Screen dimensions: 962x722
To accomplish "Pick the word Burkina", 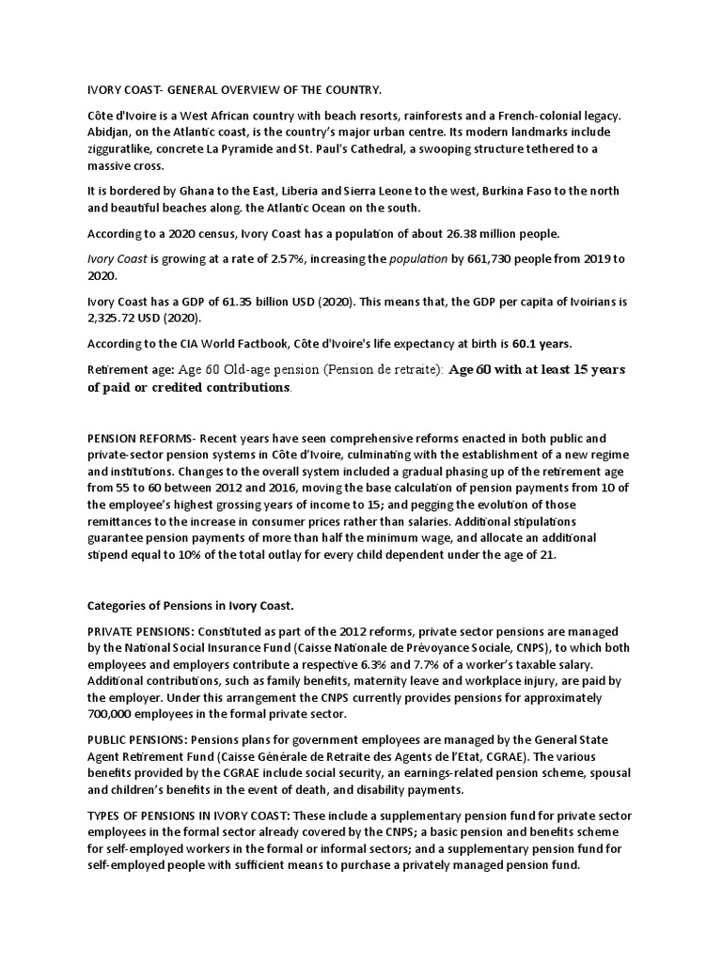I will pos(509,191).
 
